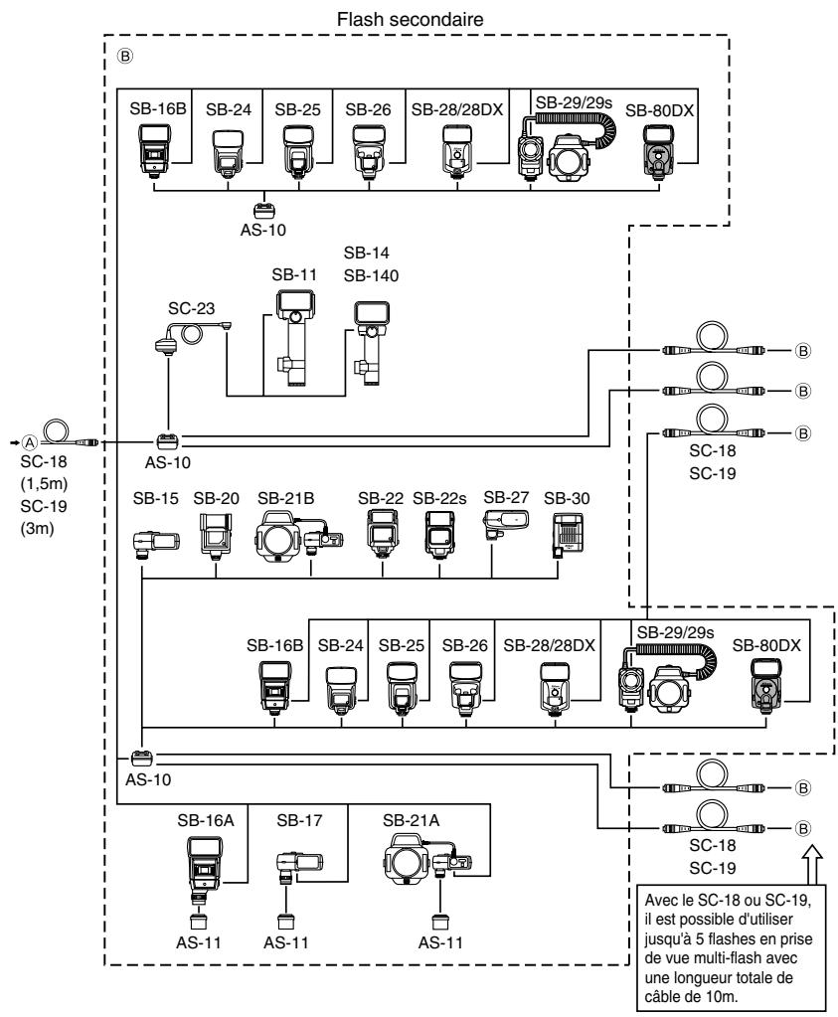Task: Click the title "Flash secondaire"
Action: (410, 20)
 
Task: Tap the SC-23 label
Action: (191, 308)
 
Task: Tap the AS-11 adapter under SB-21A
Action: (440, 922)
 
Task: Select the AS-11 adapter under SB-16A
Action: (198, 922)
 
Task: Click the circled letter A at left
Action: (30, 442)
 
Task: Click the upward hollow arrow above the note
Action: (811, 862)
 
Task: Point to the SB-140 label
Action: (371, 275)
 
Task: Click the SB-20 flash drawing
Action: (216, 536)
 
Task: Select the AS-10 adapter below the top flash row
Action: (264, 211)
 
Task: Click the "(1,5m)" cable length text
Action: (44, 484)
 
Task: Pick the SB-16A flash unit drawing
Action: (206, 870)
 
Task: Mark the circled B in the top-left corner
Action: (124, 56)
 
